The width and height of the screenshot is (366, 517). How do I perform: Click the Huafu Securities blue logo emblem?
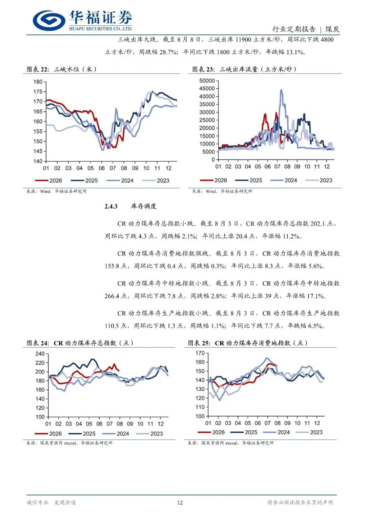coord(49,21)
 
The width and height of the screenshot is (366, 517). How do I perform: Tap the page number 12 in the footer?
coord(180,502)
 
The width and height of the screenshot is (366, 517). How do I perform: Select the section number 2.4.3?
coord(111,206)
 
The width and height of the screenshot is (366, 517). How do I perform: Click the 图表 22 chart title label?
coord(38,69)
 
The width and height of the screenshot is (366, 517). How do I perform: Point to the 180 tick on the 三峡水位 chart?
coord(38,82)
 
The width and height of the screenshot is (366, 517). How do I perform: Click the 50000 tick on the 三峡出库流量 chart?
coord(207,81)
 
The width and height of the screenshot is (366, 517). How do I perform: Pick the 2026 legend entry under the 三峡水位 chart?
coord(48,180)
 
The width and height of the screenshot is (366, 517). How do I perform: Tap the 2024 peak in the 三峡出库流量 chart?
coord(281,90)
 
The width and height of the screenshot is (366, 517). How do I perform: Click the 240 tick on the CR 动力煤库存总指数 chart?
coord(40,354)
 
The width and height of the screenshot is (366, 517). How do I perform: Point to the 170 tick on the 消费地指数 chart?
coord(200,353)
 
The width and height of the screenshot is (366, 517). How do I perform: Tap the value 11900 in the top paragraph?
coord(243,40)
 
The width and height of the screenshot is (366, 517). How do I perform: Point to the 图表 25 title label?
coord(199,343)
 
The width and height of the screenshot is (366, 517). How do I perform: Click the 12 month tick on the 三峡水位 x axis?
coord(168,168)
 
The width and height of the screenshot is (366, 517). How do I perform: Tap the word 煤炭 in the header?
coord(332,29)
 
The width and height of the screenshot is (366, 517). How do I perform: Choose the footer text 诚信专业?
coord(37,502)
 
